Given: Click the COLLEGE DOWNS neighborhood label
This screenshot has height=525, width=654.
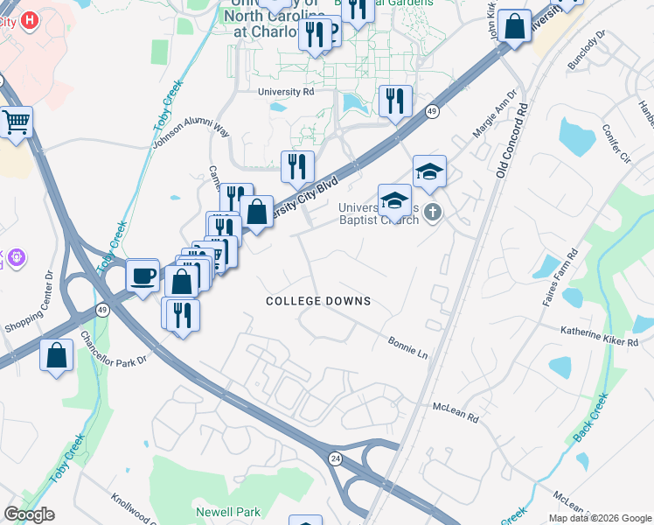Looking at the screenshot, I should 318,301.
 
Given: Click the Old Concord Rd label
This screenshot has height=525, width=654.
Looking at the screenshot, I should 511,141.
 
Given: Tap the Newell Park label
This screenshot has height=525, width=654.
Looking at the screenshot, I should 228,511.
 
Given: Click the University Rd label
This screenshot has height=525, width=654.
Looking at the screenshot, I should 286,91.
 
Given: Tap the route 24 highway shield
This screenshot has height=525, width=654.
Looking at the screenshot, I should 335,457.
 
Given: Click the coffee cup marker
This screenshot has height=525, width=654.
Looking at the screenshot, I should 143,275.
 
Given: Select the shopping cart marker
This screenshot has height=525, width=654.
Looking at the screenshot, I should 16,123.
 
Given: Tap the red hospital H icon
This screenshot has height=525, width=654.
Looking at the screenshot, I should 30,19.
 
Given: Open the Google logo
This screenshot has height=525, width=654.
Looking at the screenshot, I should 29,514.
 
